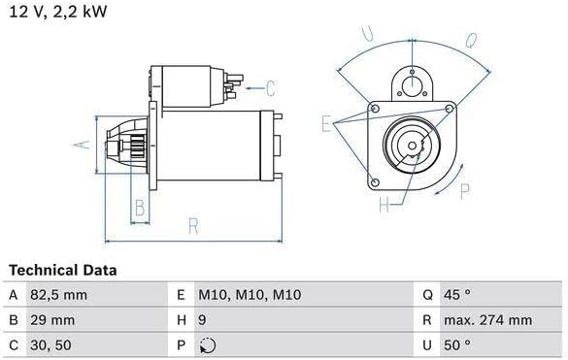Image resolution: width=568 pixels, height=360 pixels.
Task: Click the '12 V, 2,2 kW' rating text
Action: (58, 12)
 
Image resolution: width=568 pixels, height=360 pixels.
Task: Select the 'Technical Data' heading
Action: (63, 270)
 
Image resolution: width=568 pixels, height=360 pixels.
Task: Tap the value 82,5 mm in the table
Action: (58, 295)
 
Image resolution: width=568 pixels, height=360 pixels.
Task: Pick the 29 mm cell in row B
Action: (52, 320)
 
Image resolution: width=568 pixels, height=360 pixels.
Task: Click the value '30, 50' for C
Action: (50, 345)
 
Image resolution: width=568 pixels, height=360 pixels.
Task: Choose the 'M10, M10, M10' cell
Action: (250, 295)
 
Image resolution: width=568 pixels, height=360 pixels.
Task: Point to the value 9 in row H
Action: (202, 320)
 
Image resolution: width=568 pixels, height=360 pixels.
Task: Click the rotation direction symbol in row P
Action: (208, 345)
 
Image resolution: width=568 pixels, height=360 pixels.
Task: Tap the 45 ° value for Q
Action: (457, 295)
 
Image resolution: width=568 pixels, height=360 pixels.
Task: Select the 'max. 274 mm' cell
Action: (488, 320)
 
